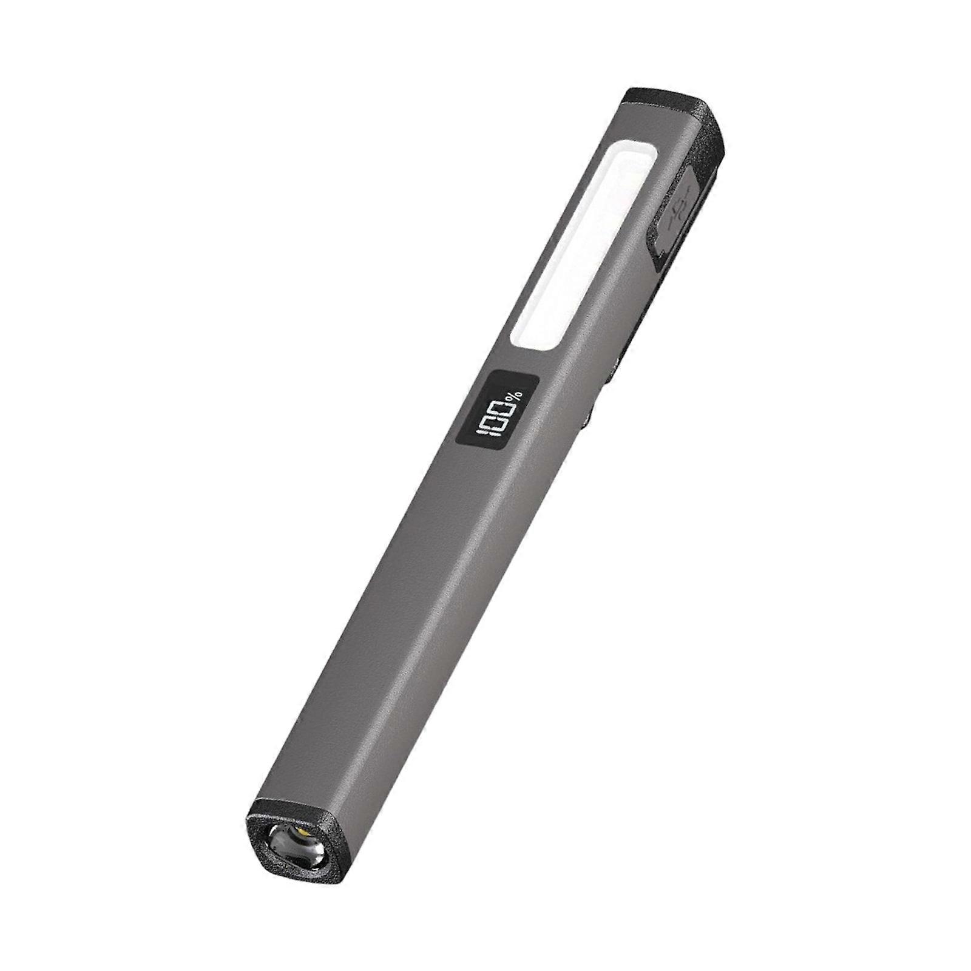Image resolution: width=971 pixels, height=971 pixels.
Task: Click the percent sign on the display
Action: pyautogui.click(x=515, y=396)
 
